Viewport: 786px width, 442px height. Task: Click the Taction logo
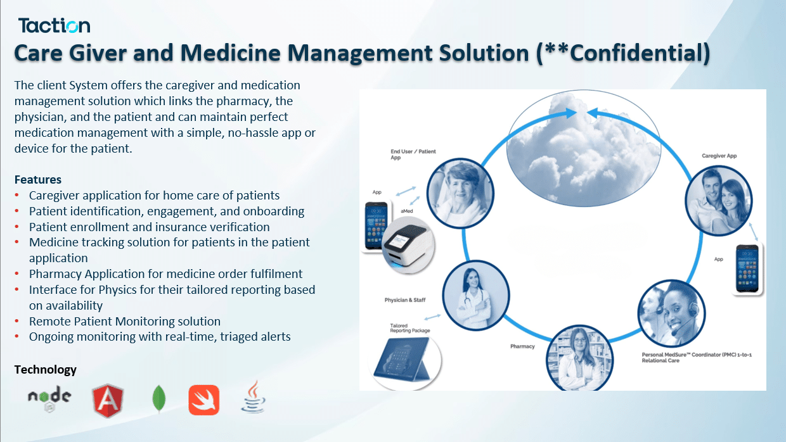54,25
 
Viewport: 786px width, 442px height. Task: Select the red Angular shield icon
108,401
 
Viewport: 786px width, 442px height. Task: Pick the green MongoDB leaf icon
159,398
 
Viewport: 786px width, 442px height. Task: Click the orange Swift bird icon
204,400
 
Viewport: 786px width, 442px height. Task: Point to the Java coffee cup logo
254,397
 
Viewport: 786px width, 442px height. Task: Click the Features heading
38,179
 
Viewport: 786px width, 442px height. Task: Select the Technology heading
45,369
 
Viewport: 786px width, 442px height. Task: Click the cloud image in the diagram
584,148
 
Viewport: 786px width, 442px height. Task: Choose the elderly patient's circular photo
460,193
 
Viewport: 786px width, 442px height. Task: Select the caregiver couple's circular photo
719,201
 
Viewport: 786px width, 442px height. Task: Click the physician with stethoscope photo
476,295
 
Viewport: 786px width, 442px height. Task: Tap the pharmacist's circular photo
579,358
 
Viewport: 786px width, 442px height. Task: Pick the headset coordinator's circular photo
671,313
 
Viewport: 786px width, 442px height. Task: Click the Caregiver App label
719,156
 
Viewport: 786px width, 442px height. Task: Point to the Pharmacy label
522,346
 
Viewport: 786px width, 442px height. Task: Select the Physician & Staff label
405,300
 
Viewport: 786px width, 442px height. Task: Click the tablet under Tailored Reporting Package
404,360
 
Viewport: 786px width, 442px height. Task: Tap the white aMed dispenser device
408,244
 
